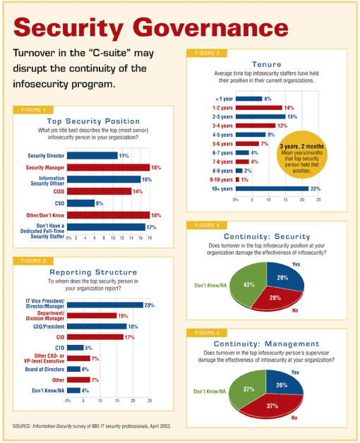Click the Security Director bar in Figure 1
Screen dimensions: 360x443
[x=92, y=156]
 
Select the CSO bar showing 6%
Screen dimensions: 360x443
[x=80, y=203]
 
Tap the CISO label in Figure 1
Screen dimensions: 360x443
[x=59, y=192]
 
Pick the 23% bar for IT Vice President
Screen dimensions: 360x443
[x=105, y=305]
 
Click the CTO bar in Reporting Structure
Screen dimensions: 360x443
[x=76, y=348]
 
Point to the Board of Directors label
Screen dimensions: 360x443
[x=44, y=369]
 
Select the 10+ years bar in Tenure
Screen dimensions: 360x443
[x=272, y=188]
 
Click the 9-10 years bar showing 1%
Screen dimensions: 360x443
[x=237, y=180]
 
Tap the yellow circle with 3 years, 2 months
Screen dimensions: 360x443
[x=302, y=154]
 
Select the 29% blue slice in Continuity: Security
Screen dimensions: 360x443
[x=284, y=276]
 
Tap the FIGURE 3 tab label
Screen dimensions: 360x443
[x=207, y=53]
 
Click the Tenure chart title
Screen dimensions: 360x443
[x=267, y=64]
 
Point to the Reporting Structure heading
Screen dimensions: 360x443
[x=93, y=272]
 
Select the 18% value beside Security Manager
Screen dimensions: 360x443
[x=156, y=168]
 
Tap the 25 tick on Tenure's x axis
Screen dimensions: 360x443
[x=319, y=200]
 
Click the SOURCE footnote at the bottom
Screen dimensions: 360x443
[x=92, y=426]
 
